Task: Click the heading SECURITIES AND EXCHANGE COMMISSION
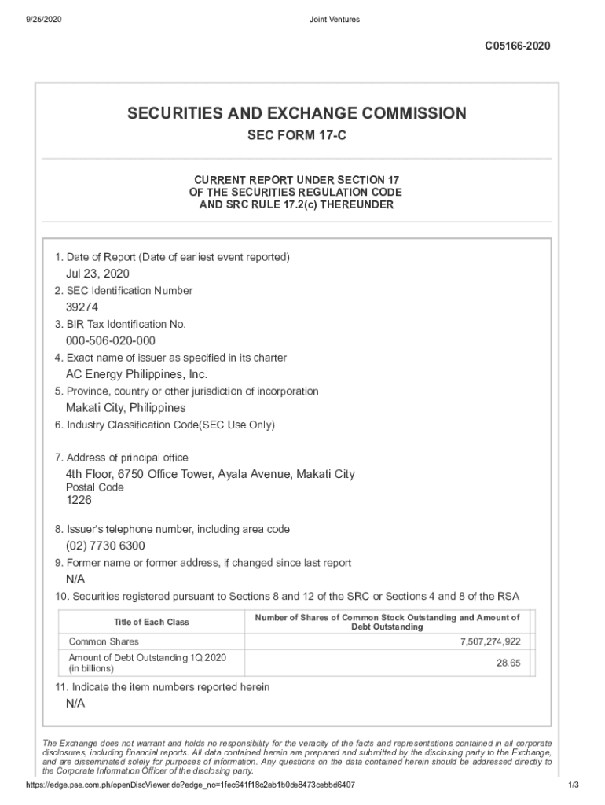point(297,114)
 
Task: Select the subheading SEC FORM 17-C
point(297,136)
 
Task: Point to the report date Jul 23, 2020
point(97,274)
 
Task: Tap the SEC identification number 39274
point(82,307)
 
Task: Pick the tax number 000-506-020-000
point(110,340)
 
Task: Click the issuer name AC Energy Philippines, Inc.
point(136,374)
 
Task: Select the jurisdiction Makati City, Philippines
point(126,408)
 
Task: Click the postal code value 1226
point(79,499)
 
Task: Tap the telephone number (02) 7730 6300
point(105,546)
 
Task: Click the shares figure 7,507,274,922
point(489,642)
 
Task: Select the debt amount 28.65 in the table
point(508,663)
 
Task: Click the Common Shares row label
point(104,642)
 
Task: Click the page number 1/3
point(573,785)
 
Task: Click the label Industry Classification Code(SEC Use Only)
point(165,425)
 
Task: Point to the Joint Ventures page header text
point(334,20)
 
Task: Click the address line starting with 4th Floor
point(210,474)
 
